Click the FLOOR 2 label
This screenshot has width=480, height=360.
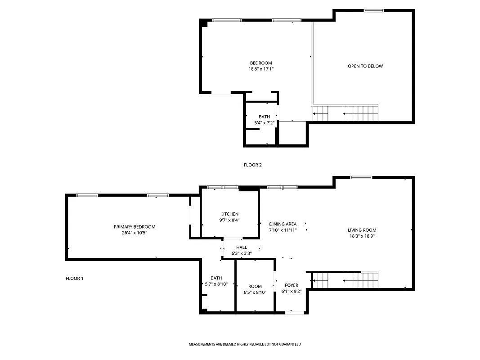tap(252, 165)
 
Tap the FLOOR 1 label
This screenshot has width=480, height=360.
tap(74, 279)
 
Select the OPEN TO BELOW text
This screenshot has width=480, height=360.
tap(365, 66)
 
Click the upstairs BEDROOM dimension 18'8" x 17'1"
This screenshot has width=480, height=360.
tap(261, 69)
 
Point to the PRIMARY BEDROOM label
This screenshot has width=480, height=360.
tap(135, 227)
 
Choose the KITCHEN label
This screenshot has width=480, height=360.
tap(229, 214)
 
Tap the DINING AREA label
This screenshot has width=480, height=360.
tap(283, 224)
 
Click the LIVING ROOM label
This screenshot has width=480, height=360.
tap(362, 230)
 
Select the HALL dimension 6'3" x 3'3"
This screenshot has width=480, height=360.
tap(242, 253)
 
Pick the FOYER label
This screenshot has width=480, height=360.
tap(292, 285)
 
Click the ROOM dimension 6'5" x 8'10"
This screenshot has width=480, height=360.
tap(255, 292)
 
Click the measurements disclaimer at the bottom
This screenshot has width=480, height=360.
tap(245, 344)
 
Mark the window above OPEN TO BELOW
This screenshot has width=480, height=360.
tap(374, 10)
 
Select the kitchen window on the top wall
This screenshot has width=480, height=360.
tap(223, 187)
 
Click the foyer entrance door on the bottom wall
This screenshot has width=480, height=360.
tap(294, 312)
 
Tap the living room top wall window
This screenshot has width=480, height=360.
tap(361, 177)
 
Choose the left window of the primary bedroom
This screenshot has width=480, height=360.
tap(87, 195)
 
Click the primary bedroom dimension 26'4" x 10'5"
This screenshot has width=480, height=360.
tap(135, 233)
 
